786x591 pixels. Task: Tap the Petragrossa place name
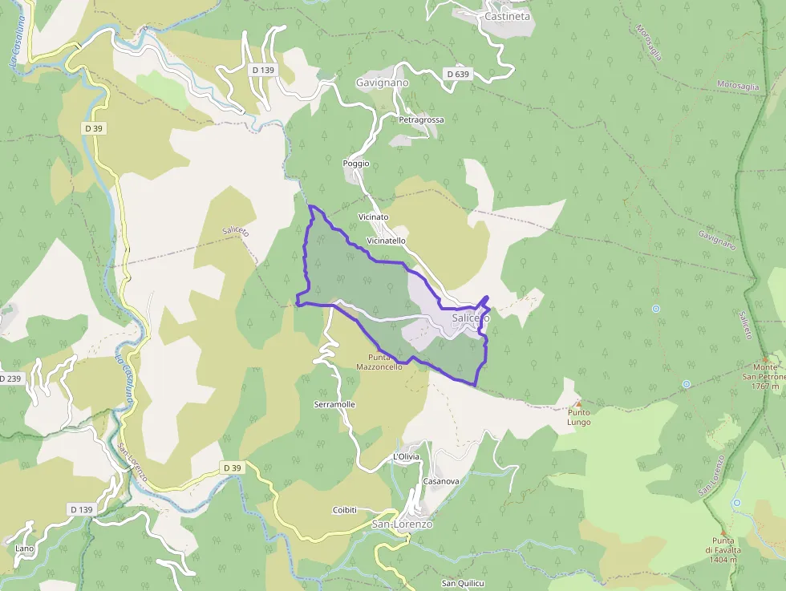421,119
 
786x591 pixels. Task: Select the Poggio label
355,163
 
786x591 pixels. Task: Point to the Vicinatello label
386,240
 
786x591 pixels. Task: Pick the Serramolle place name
334,404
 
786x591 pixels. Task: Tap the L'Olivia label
406,456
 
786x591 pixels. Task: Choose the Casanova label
440,481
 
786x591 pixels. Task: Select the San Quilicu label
464,583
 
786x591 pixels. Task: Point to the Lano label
24,548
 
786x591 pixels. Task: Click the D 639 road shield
456,74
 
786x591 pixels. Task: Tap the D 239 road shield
10,378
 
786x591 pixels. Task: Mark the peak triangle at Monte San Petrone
765,358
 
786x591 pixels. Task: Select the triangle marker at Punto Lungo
578,403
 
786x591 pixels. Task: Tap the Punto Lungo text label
578,417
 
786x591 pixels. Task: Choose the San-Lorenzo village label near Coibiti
402,524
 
